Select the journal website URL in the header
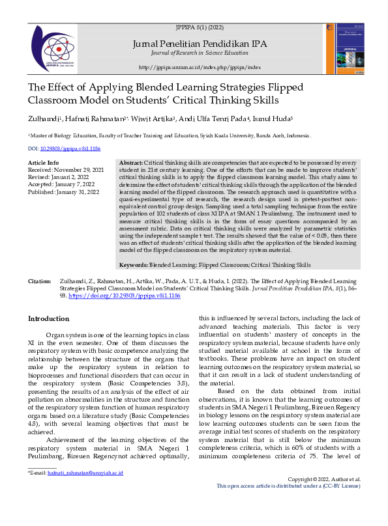pyautogui.click(x=200, y=68)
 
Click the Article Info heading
pyautogui.click(x=43, y=162)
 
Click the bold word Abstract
pyautogui.click(x=130, y=163)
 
